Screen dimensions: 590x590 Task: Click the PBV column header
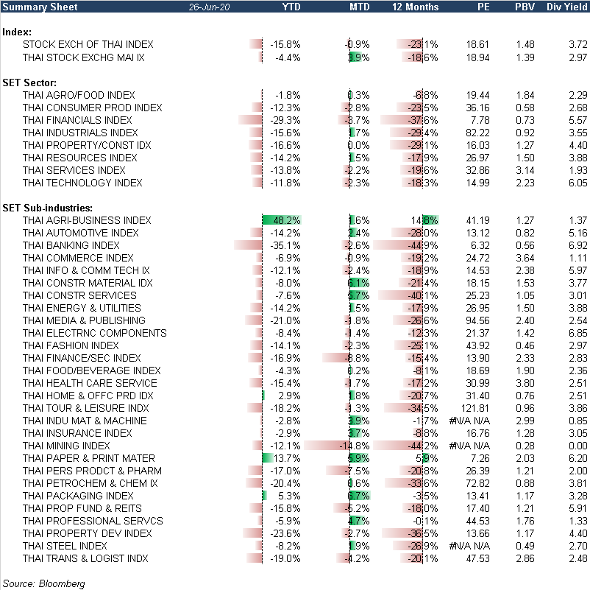click(526, 7)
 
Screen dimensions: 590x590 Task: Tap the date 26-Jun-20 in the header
click(210, 7)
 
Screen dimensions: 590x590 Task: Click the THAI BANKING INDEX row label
click(71, 245)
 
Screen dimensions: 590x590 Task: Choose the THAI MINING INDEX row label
click(66, 446)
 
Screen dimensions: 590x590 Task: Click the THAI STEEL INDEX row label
click(65, 546)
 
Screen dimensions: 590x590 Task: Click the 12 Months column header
click(416, 7)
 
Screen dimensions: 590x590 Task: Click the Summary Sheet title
click(34, 7)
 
